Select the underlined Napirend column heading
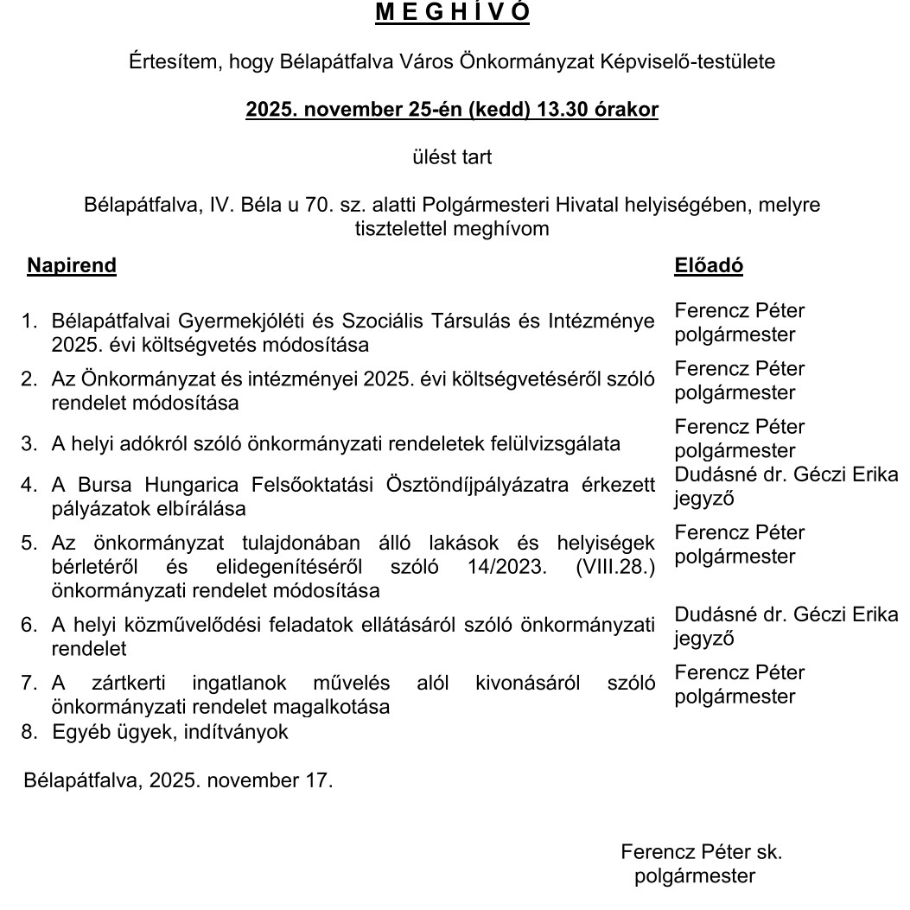coord(71,265)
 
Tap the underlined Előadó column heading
coord(708,265)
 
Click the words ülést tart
coord(452,157)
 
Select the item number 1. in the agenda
coord(29,321)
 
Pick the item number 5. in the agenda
coord(29,543)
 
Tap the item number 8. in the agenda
coord(29,732)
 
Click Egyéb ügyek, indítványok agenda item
coord(169,732)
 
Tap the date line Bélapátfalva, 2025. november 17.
coord(178,780)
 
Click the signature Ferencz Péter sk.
coord(701,851)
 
